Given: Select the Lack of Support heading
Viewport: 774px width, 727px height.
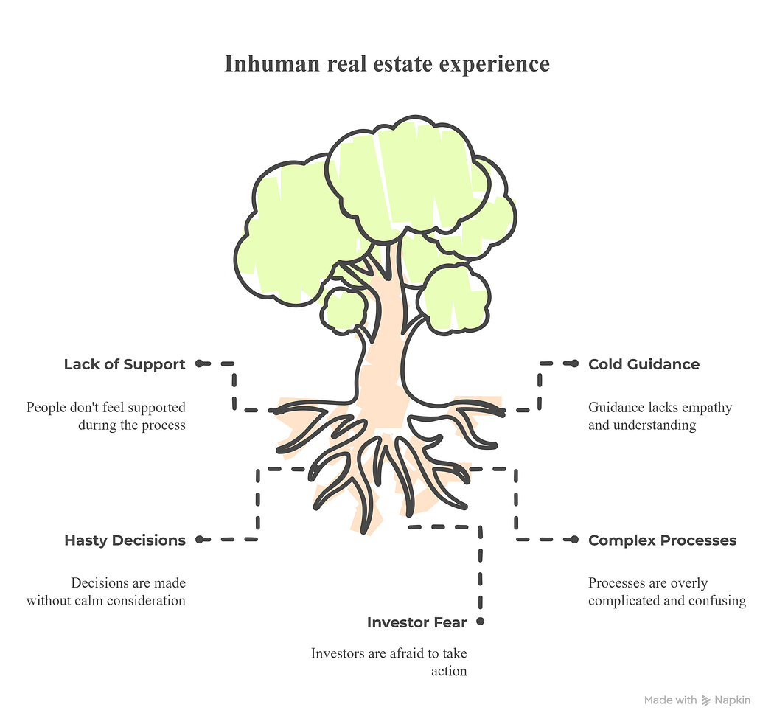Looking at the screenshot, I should click(125, 364).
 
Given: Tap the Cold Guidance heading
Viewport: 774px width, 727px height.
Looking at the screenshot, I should click(644, 364).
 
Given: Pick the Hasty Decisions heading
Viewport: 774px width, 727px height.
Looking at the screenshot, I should click(125, 540).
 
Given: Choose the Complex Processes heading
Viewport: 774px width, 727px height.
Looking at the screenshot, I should click(662, 540).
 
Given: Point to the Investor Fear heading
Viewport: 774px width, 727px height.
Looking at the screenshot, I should click(416, 623).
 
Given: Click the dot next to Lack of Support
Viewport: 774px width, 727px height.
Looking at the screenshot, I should click(199, 363).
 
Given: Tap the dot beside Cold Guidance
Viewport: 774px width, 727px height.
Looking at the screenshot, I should click(575, 363).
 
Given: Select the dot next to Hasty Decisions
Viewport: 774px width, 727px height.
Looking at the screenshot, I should click(199, 540).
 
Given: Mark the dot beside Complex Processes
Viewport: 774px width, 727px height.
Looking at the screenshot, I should click(575, 540).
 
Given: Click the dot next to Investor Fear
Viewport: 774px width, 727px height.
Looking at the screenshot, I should click(481, 622).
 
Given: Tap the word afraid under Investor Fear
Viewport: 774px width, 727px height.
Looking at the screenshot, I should click(399, 654).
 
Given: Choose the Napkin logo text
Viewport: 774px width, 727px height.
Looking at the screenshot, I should click(732, 700).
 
